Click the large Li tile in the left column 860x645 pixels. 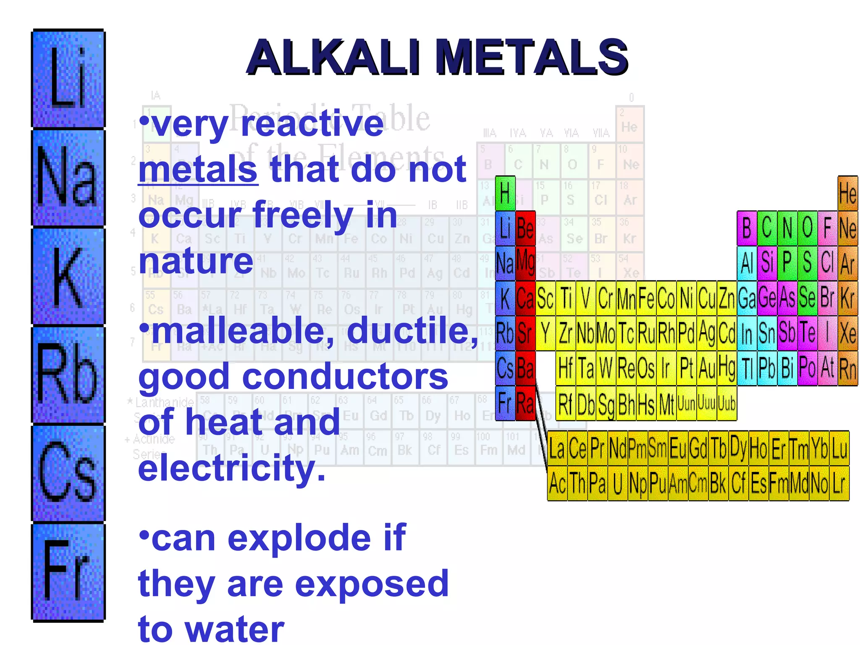click(x=68, y=79)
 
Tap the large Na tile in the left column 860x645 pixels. click(x=68, y=178)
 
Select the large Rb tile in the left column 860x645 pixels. click(x=68, y=374)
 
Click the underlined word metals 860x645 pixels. click(x=198, y=169)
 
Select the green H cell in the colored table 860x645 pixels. click(x=505, y=194)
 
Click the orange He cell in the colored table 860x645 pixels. click(x=847, y=194)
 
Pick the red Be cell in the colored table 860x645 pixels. click(x=525, y=228)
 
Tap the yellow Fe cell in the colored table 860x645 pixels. click(x=646, y=299)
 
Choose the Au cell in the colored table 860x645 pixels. click(x=707, y=369)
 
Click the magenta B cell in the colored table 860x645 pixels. click(x=747, y=228)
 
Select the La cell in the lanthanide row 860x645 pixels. click(x=557, y=448)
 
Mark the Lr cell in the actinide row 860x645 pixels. click(x=839, y=483)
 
